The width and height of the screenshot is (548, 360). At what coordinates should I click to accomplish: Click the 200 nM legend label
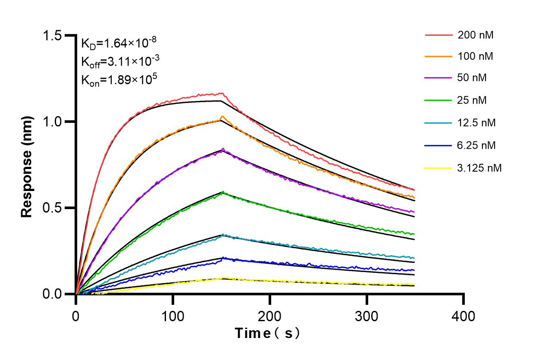tap(476, 35)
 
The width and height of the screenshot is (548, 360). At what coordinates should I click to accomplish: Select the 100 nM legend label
tap(476, 56)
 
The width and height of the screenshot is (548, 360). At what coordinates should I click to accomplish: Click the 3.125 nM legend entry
tap(479, 168)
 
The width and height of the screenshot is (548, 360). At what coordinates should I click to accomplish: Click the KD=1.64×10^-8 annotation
tap(119, 43)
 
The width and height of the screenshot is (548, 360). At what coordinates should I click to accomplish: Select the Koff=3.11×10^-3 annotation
tap(120, 62)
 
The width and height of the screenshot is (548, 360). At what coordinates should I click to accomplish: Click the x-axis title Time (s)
tap(267, 333)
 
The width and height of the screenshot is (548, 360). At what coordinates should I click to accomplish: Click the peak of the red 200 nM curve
tap(221, 93)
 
